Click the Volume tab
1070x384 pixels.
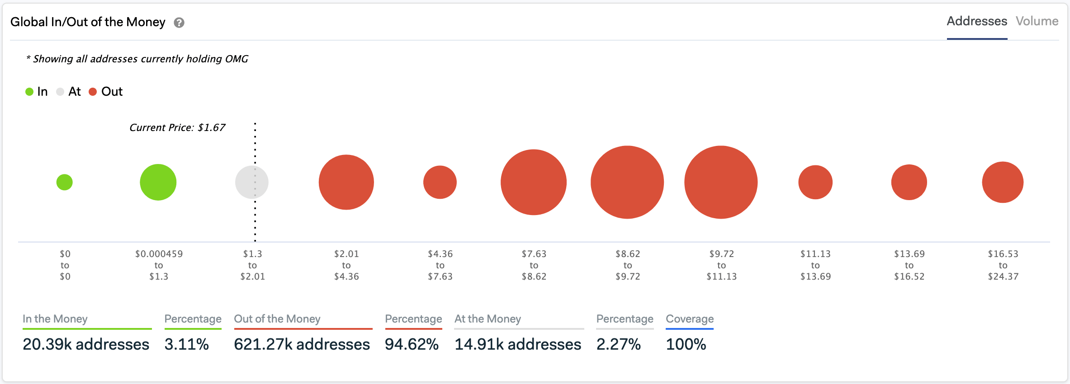(1037, 21)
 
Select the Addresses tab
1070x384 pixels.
(977, 21)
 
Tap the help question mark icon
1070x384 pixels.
(179, 23)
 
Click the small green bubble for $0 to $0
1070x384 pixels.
(65, 182)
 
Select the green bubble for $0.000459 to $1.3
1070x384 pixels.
(158, 182)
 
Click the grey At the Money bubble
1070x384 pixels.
(251, 182)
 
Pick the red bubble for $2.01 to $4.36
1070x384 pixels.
(346, 182)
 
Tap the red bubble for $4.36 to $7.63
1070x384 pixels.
(440, 182)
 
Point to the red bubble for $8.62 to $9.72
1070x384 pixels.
(627, 182)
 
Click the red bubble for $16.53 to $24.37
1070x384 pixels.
(1003, 182)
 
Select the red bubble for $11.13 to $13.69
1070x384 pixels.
(815, 182)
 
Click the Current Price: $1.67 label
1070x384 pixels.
(177, 127)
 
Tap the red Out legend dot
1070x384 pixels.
(93, 92)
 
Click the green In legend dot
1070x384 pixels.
(29, 92)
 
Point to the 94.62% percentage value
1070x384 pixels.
(412, 344)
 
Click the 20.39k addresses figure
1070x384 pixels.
(86, 344)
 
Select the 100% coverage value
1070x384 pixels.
(686, 344)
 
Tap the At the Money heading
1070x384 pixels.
(488, 319)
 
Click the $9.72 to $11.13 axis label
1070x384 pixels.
(721, 265)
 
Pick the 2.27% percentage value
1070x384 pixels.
(618, 344)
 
